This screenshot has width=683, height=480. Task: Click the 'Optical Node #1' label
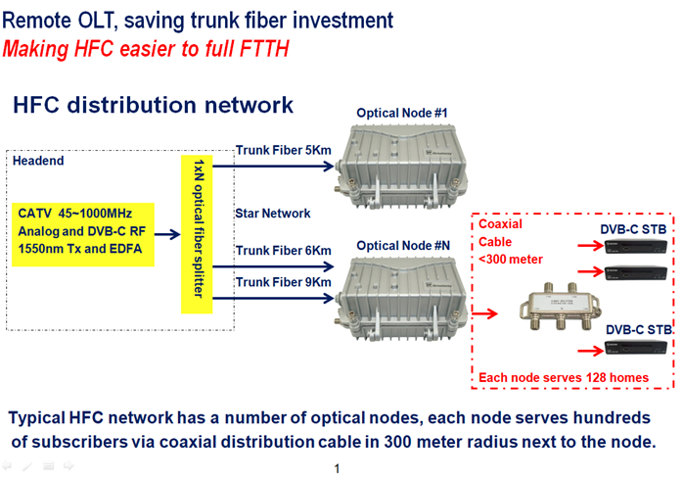point(401,114)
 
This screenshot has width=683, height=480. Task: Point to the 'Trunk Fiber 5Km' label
point(284,150)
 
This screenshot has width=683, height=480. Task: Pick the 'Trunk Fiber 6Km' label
point(284,251)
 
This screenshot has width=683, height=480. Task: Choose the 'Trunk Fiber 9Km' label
point(284,283)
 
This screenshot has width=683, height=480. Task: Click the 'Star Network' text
point(273,213)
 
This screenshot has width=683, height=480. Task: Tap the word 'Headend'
point(40,161)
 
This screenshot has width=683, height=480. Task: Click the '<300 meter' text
point(511,259)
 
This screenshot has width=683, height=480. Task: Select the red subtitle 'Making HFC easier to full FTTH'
point(147,48)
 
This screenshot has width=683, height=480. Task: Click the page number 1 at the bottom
point(337,470)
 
